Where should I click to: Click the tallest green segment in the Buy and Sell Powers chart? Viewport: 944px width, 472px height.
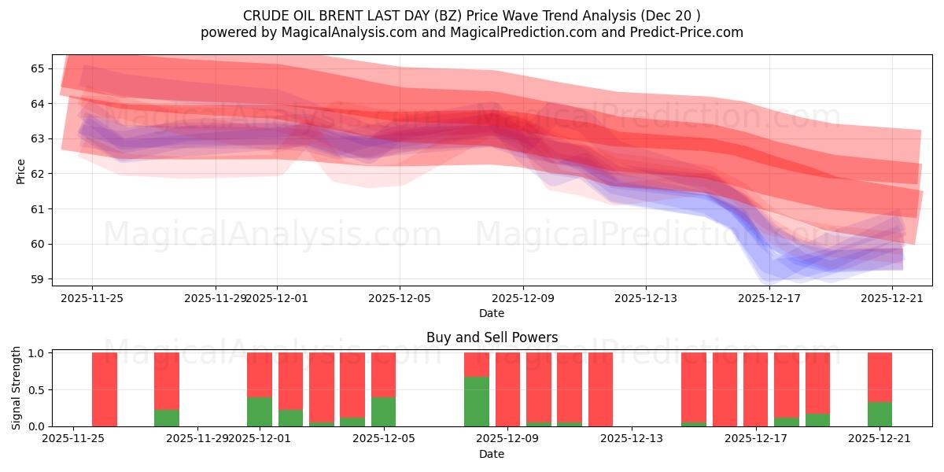click(477, 401)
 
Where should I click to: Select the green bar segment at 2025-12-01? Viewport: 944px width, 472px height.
click(260, 411)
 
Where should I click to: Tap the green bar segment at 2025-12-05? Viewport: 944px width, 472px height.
click(383, 411)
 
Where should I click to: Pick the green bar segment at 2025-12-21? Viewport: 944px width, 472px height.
click(879, 414)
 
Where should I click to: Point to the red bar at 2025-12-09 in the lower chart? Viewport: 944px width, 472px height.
click(507, 389)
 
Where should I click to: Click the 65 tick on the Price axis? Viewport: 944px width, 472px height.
click(42, 68)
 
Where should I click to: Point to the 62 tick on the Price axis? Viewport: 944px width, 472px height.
click(42, 174)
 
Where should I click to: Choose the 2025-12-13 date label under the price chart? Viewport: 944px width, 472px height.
click(646, 298)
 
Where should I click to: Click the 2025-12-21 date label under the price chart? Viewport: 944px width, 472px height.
click(892, 298)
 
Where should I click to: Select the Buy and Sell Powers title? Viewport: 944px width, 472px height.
click(492, 337)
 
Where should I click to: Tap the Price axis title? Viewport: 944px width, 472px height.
click(20, 171)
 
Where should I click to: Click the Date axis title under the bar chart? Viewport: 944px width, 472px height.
click(492, 454)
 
